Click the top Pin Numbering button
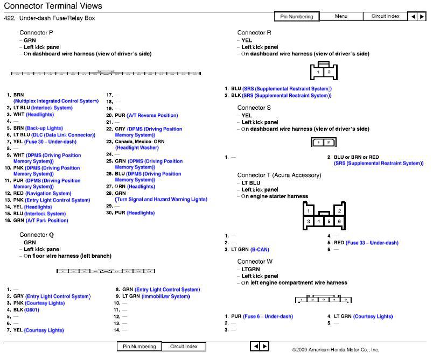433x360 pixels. pyautogui.click(x=297, y=17)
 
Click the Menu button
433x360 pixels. pyautogui.click(x=341, y=16)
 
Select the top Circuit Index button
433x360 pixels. pyautogui.click(x=385, y=16)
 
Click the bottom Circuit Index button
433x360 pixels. pyautogui.click(x=184, y=347)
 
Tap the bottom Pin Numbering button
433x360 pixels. pyautogui.click(x=139, y=347)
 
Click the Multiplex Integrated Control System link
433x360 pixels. pyautogui.click(x=56, y=101)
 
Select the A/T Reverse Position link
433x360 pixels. pyautogui.click(x=152, y=116)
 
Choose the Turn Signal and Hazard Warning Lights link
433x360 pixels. pyautogui.click(x=161, y=200)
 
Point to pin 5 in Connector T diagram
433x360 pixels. pyautogui.click(x=329, y=221)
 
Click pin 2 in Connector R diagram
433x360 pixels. pyautogui.click(x=329, y=72)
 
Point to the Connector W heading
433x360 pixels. pyautogui.click(x=255, y=262)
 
